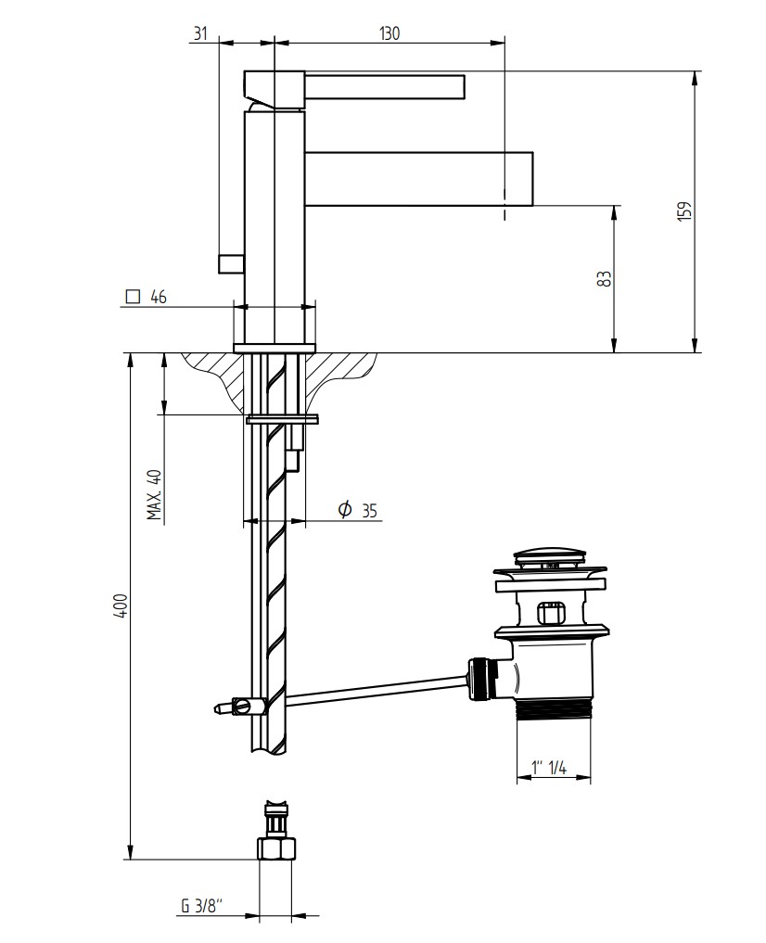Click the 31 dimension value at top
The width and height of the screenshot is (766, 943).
199,32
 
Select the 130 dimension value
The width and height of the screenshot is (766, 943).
389,32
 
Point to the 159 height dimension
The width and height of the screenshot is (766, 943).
684,211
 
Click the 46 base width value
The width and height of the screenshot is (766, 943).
159,297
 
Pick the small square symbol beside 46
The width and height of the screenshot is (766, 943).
133,297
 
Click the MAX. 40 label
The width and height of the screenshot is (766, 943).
155,495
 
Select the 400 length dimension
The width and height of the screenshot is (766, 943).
122,605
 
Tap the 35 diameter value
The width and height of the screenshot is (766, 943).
370,511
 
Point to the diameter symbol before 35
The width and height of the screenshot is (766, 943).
345,509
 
